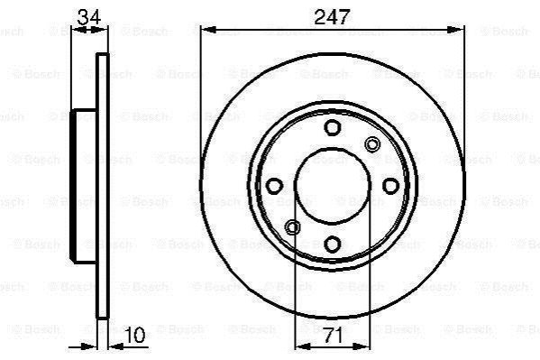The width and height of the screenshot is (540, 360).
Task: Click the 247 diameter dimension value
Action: coord(332,16)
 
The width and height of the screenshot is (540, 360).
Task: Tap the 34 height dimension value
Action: coord(89,17)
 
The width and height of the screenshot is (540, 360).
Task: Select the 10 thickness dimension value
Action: coord(134,335)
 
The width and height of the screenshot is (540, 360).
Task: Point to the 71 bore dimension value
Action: coord(333,335)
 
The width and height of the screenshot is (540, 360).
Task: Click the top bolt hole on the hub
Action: coord(333,127)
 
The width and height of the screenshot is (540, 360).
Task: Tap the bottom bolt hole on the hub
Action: coord(333,245)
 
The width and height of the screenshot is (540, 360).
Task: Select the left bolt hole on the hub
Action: coord(274,186)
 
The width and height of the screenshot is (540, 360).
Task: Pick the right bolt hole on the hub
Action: coord(391,186)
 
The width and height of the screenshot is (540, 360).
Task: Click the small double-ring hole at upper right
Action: coord(372,144)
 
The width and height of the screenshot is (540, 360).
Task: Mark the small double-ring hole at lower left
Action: coord(293,227)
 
